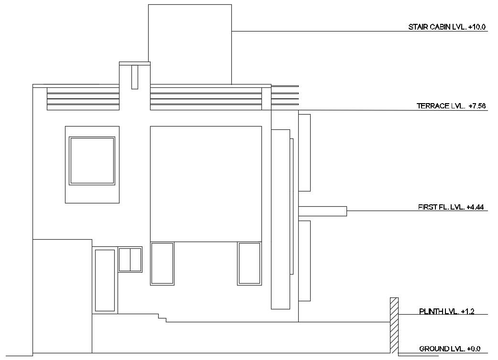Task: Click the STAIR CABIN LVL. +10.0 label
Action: point(446,27)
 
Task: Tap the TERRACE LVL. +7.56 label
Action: point(451,106)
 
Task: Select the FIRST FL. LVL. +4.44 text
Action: point(452,207)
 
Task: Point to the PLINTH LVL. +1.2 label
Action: point(446,312)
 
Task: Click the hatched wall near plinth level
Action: point(394,325)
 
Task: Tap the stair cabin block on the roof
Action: point(190,44)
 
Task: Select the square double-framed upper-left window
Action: point(92,160)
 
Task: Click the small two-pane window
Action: point(130,259)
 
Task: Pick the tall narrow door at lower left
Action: point(105,280)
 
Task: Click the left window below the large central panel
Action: point(162,264)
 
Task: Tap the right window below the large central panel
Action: point(249,264)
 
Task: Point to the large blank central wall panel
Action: point(206,183)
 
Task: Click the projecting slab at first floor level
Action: point(323,211)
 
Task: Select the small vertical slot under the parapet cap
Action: point(135,77)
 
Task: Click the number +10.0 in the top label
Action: point(476,27)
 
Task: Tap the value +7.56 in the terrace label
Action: point(477,106)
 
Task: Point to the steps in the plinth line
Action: point(162,318)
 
